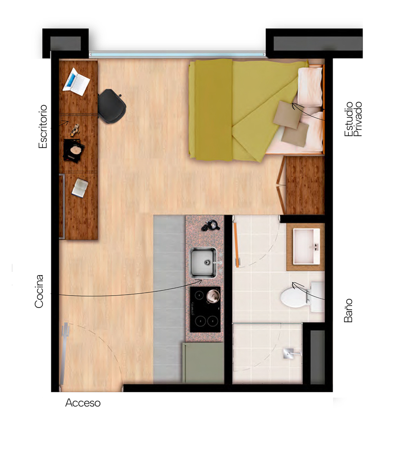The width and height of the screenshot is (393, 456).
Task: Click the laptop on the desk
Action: [x=76, y=82]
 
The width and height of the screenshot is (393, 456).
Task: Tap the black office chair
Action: [x=112, y=106]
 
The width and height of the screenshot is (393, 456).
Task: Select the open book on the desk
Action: [x=79, y=188]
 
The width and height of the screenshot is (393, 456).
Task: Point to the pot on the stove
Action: [x=213, y=296]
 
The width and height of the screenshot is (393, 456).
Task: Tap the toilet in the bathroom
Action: [x=302, y=297]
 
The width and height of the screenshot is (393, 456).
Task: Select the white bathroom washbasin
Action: [x=306, y=246]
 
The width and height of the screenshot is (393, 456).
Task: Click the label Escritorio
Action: [x=43, y=127]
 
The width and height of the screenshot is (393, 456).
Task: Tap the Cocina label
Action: [x=39, y=291]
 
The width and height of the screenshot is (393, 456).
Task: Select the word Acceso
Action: [x=83, y=403]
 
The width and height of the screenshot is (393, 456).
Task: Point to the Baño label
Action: [x=348, y=310]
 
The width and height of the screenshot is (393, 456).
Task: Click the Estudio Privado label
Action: [x=353, y=119]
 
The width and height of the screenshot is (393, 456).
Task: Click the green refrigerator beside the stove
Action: [x=204, y=363]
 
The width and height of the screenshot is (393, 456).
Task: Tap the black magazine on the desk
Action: [x=74, y=150]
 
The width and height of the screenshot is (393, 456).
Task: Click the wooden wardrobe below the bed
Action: [x=305, y=186]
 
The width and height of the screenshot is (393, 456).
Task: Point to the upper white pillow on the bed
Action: [x=310, y=87]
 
